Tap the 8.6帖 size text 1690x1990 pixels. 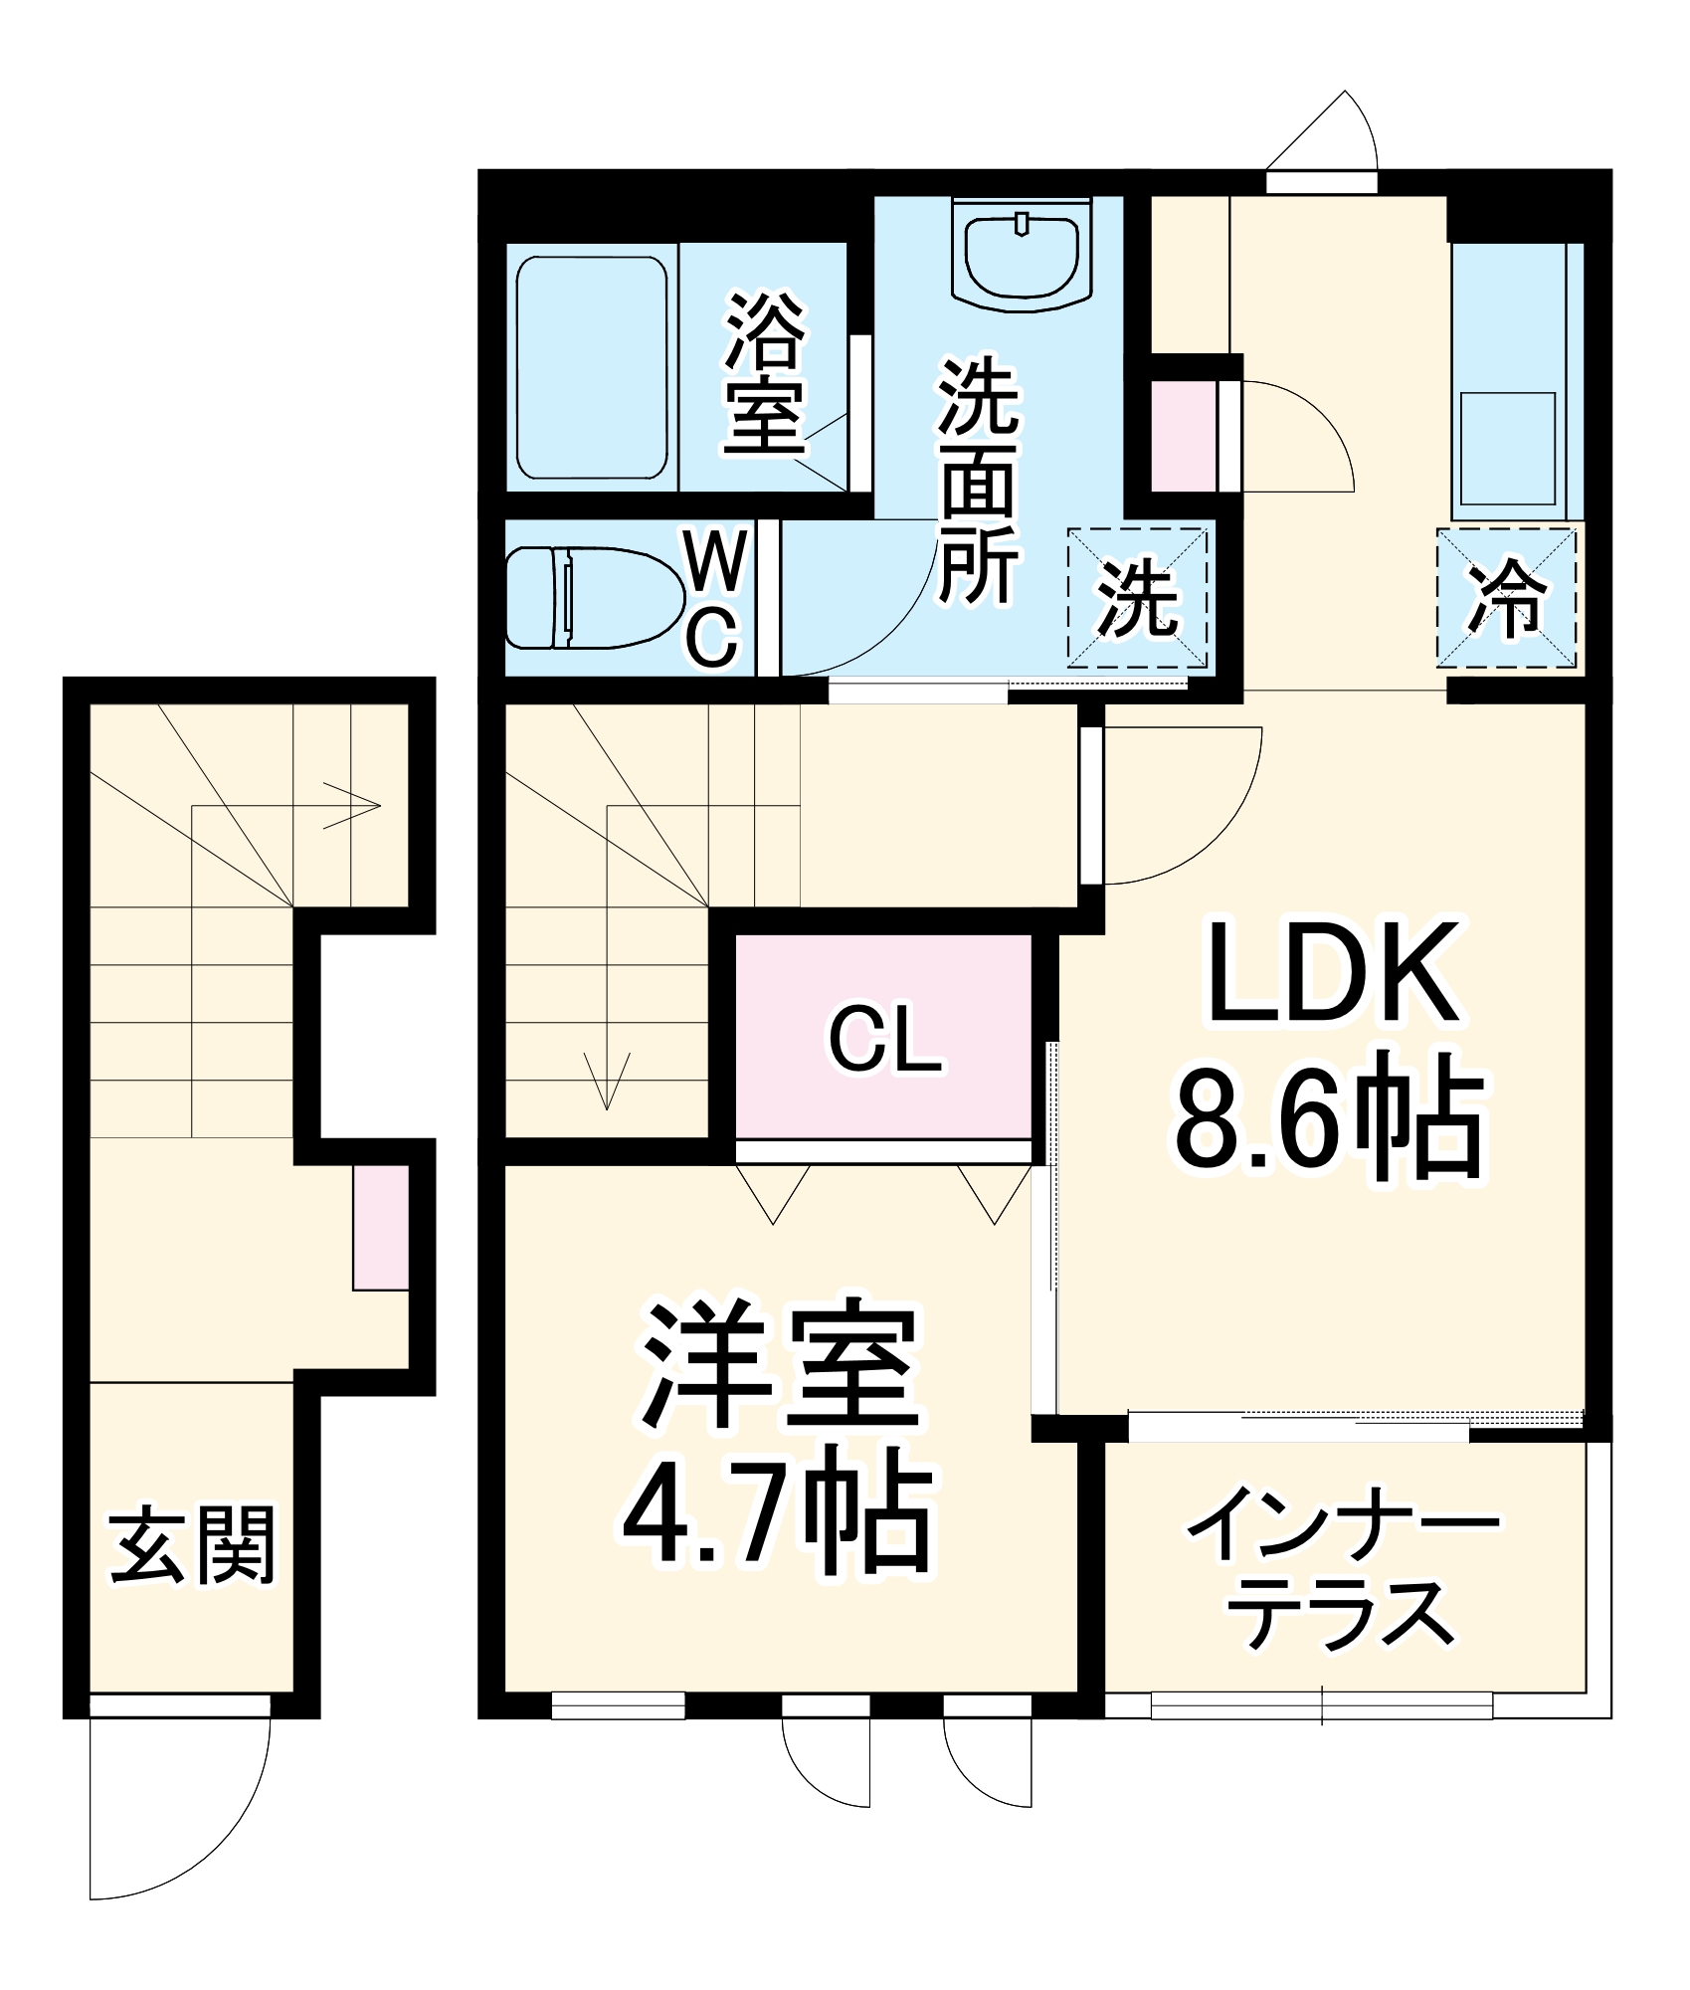1329,1118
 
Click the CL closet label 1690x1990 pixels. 884,1039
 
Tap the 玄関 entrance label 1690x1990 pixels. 192,1545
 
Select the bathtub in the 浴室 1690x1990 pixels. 592,367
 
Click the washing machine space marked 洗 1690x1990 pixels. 1137,598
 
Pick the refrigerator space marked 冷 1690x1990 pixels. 1506,598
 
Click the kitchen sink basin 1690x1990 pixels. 1507,449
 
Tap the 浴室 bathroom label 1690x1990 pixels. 764,372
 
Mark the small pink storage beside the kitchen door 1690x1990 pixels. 1184,436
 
